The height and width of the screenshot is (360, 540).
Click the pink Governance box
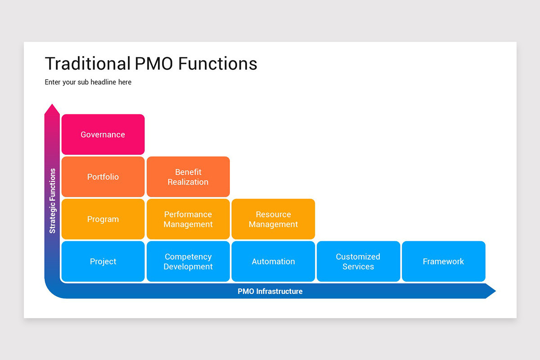pyautogui.click(x=103, y=135)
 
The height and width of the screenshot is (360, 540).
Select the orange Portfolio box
pyautogui.click(x=103, y=177)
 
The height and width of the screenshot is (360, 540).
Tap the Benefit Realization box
pyautogui.click(x=188, y=177)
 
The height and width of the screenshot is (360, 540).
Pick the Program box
pyautogui.click(x=103, y=219)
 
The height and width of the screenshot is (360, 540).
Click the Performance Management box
pyautogui.click(x=188, y=219)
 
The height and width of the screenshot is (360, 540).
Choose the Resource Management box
pyautogui.click(x=273, y=219)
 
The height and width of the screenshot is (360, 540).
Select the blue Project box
pyautogui.click(x=103, y=261)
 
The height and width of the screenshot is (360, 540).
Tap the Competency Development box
pyautogui.click(x=188, y=261)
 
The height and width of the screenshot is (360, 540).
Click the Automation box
pyautogui.click(x=273, y=261)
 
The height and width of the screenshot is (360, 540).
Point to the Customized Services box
pyautogui.click(x=358, y=261)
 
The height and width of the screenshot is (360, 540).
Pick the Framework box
pyautogui.click(x=443, y=261)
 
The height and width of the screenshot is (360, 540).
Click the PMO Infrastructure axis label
pyautogui.click(x=270, y=291)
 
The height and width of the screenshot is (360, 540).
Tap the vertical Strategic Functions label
pyautogui.click(x=53, y=201)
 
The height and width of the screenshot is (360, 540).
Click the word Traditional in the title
pyautogui.click(x=87, y=64)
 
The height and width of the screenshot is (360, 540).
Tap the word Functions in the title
pyautogui.click(x=218, y=64)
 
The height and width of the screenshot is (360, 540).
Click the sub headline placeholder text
pyautogui.click(x=88, y=82)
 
